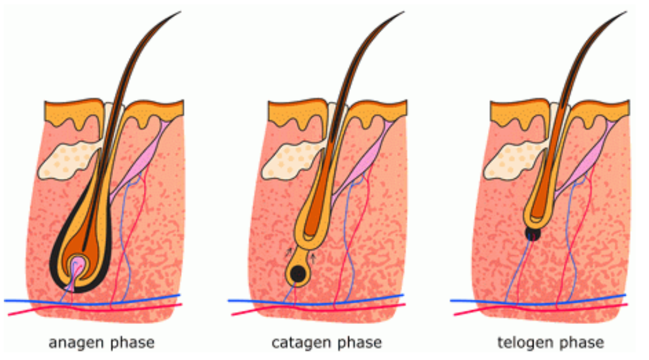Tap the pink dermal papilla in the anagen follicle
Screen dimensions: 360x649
click(78, 265)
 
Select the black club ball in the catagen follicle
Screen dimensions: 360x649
click(298, 273)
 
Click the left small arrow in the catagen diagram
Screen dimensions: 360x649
click(289, 252)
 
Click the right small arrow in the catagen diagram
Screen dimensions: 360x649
click(313, 256)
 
